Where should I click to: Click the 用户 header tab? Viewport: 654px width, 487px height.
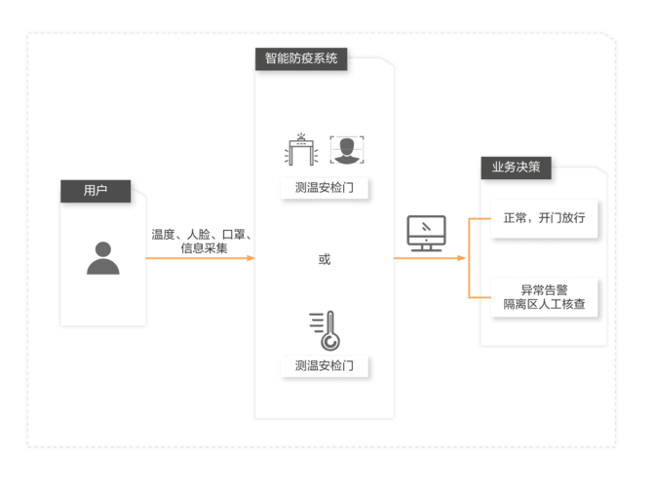click(96, 190)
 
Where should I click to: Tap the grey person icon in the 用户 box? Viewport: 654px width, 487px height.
click(102, 257)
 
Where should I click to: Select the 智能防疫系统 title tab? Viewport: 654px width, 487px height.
click(301, 57)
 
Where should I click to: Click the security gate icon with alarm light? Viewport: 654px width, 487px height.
click(302, 149)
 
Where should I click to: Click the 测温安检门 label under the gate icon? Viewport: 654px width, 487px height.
click(324, 188)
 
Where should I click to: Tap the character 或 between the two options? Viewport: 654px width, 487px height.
click(324, 259)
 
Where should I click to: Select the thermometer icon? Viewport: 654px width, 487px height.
click(324, 330)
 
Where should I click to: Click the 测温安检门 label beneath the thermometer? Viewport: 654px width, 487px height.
click(324, 366)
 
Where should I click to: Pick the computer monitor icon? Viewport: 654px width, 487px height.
click(426, 233)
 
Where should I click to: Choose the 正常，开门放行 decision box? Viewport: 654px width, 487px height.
click(543, 217)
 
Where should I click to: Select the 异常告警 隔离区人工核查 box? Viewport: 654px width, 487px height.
click(543, 297)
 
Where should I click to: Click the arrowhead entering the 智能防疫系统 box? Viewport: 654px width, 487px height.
click(250, 258)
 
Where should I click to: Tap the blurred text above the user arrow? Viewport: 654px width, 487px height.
click(201, 241)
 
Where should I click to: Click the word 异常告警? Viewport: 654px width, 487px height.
click(543, 289)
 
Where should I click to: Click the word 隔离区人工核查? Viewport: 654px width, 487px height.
click(543, 305)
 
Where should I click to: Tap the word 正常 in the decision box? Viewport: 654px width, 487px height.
click(514, 217)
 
